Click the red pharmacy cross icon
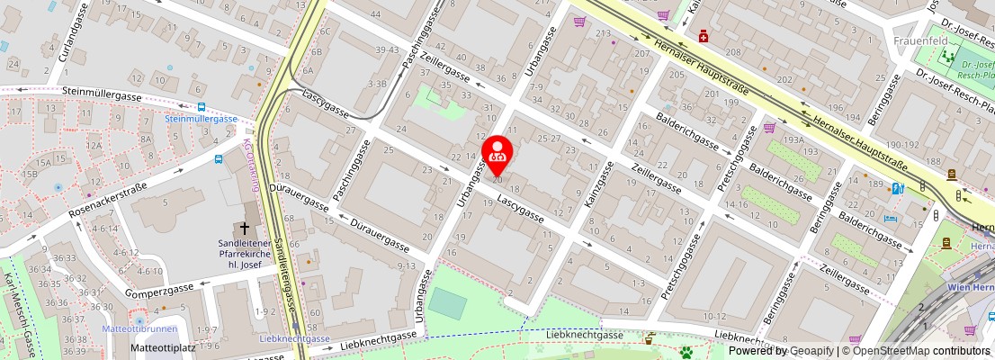click(704, 37)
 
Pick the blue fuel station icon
click(897, 188)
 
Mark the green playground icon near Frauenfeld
click(946, 56)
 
